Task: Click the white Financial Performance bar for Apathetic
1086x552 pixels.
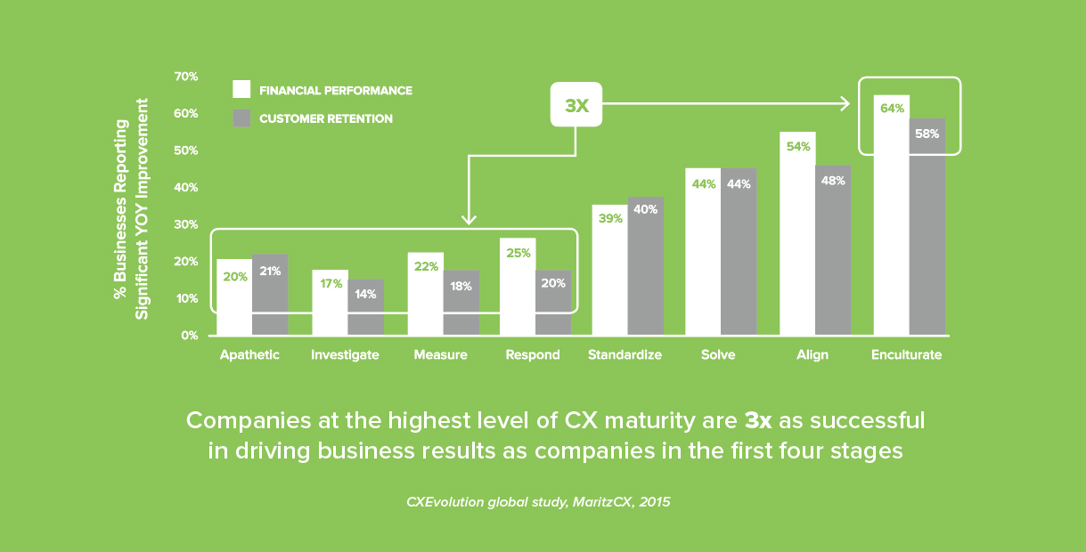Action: pos(233,298)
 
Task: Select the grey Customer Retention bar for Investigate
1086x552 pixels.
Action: pos(365,307)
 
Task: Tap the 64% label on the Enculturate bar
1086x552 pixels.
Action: pos(891,109)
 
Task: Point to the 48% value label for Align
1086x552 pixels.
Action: pos(833,180)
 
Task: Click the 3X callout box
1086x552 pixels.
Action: pos(576,105)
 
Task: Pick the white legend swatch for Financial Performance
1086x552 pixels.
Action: pos(241,90)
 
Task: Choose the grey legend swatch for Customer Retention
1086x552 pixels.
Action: pos(241,118)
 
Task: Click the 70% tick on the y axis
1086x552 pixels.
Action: pos(185,77)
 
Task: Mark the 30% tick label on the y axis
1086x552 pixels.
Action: pos(185,224)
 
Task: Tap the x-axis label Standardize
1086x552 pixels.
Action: pos(625,354)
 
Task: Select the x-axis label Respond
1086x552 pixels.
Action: pos(533,354)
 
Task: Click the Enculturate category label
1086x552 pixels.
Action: pos(906,354)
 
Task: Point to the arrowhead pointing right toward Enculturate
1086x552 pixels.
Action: pos(844,105)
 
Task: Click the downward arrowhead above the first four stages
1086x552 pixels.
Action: pos(470,219)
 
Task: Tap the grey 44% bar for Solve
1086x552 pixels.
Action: pos(739,258)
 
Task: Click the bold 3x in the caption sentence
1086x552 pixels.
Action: pos(758,420)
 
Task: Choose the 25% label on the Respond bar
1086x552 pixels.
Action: pos(518,253)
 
